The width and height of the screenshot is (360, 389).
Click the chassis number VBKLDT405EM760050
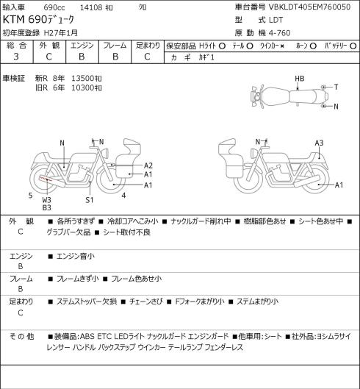(309, 7)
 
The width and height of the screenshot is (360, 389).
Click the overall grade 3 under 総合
(16, 57)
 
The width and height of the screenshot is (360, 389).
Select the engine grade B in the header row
(82, 57)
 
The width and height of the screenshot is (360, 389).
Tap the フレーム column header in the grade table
(115, 46)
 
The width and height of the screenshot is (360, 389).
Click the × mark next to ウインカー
(282, 46)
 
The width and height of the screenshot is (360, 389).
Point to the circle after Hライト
(222, 46)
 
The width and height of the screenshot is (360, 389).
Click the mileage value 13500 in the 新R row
(82, 79)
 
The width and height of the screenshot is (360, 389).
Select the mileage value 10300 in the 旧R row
(82, 88)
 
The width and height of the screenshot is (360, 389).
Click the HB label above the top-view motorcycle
(300, 79)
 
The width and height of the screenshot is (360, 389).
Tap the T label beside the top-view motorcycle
(336, 87)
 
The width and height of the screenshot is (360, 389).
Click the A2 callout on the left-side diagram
(148, 165)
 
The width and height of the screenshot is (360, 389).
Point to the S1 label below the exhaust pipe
(89, 200)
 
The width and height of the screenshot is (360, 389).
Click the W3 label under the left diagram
(46, 200)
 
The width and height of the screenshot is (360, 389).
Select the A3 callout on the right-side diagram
(319, 143)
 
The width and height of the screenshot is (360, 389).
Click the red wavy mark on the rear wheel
(45, 179)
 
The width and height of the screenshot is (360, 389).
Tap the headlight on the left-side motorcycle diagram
(104, 152)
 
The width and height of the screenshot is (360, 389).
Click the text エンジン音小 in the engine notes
(76, 256)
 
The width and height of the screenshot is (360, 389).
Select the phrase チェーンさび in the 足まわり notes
(146, 301)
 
